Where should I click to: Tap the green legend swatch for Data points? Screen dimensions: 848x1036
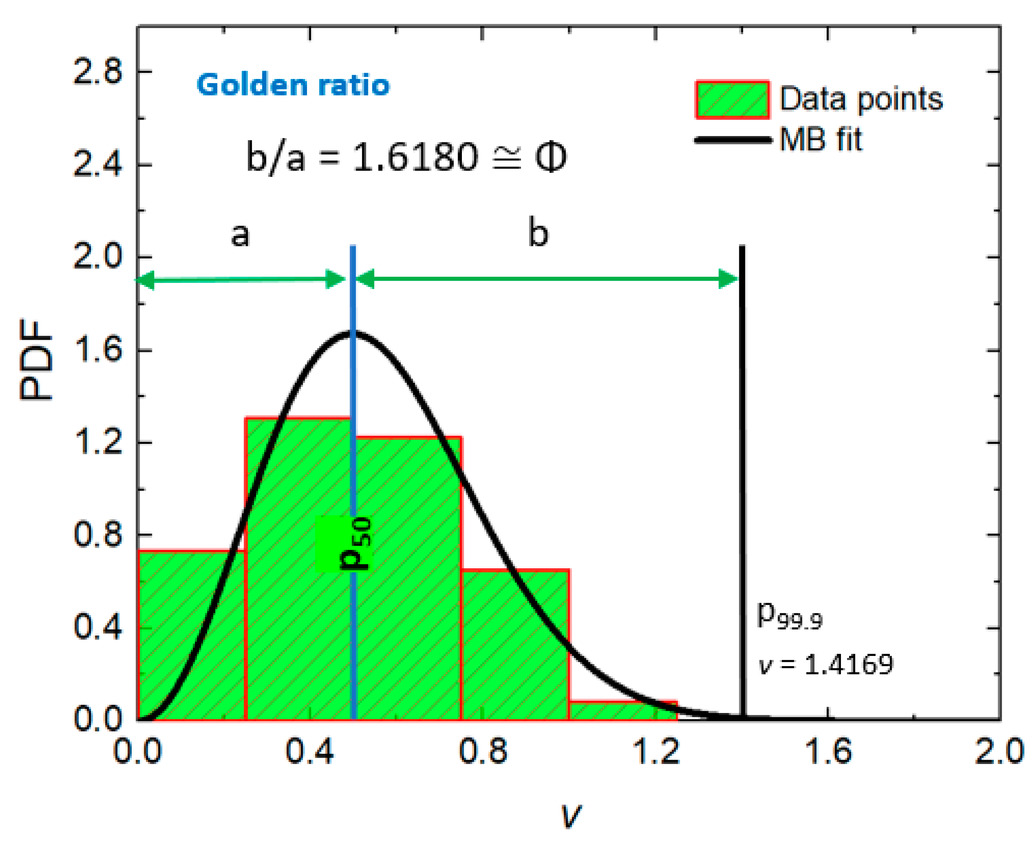click(732, 100)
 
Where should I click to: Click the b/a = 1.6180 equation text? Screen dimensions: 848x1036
click(405, 157)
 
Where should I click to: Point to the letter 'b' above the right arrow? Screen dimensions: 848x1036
click(538, 233)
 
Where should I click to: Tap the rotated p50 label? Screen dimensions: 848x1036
click(355, 544)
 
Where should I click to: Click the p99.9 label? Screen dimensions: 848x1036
click(789, 617)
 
